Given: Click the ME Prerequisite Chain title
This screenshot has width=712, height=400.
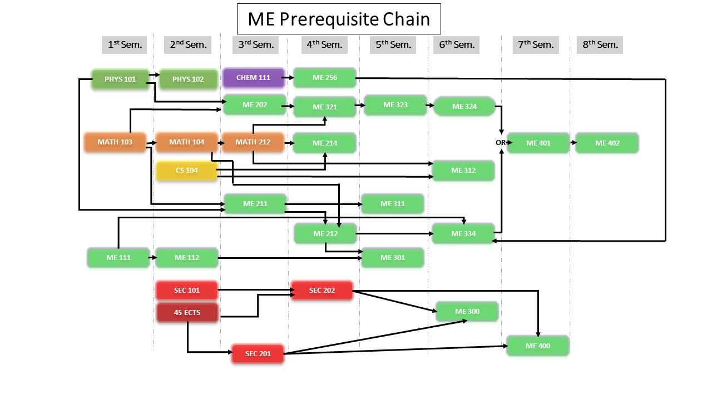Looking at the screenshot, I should click(x=339, y=19).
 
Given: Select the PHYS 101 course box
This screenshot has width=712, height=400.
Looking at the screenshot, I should click(x=120, y=79).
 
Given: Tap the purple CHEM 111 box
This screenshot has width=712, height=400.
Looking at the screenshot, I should click(x=253, y=78).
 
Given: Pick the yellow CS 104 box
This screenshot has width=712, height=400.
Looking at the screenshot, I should click(x=186, y=171).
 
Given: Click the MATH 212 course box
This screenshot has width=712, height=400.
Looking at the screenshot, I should click(x=253, y=142).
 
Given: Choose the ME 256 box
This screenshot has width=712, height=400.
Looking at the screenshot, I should click(x=324, y=78).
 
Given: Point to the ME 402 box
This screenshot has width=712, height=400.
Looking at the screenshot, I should click(x=607, y=143).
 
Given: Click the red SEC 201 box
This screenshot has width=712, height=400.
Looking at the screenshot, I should click(x=258, y=354).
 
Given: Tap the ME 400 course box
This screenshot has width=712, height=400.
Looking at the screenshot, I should click(x=538, y=346).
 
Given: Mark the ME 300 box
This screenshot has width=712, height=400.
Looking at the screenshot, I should click(x=467, y=312).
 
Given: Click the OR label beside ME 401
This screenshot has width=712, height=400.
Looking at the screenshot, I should click(x=500, y=143).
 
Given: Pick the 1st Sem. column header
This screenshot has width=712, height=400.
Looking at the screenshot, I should click(x=124, y=44).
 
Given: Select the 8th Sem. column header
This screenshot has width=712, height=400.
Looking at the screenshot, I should click(x=600, y=44).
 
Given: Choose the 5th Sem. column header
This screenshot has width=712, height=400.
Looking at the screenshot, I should click(x=393, y=44).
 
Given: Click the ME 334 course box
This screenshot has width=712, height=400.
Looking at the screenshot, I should click(x=462, y=234).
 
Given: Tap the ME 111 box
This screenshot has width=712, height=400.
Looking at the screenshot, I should click(x=117, y=258).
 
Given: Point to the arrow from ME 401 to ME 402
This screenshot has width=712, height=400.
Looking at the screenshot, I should click(x=572, y=143).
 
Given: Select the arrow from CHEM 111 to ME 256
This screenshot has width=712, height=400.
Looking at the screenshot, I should click(x=289, y=78).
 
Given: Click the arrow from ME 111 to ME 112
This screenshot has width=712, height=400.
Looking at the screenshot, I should click(x=152, y=258).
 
